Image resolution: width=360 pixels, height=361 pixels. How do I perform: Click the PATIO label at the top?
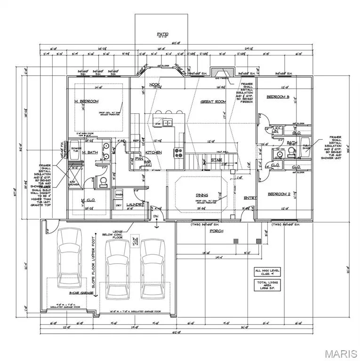pos(162,34)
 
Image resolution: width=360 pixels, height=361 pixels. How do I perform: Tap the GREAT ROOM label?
pos(214,102)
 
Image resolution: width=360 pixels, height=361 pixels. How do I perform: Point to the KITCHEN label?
pos(154,152)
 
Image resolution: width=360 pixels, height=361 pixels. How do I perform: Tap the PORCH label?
pos(217,231)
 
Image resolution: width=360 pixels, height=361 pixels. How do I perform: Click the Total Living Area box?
pos(266,285)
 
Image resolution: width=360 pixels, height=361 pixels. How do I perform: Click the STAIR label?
pos(216,160)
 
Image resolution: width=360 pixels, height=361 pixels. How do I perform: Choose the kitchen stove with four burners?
pos(179,152)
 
